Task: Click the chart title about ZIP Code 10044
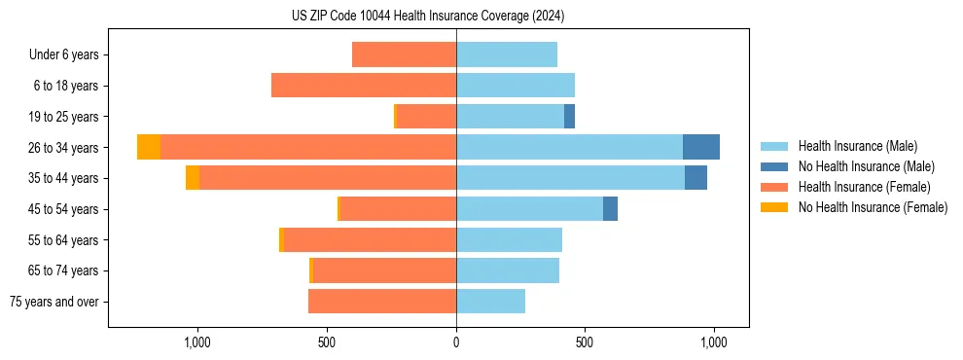coord(428,16)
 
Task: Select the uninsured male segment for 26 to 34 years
coord(700,147)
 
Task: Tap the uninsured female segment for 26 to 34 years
coord(149,147)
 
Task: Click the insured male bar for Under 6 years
coord(506,54)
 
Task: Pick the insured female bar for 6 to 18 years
coord(364,86)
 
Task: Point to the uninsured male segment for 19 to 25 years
coord(569,117)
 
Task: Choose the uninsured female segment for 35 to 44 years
coord(193,178)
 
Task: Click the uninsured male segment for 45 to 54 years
coord(610,209)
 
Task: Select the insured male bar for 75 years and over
coord(490,302)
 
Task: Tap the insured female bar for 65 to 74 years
coord(384,270)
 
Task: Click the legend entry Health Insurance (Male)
coord(857,146)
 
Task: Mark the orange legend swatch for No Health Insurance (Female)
coord(774,207)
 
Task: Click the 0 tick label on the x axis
coord(456,342)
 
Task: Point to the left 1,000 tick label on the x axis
coord(197,342)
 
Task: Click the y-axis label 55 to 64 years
coord(64,240)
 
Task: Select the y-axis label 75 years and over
coord(54,302)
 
